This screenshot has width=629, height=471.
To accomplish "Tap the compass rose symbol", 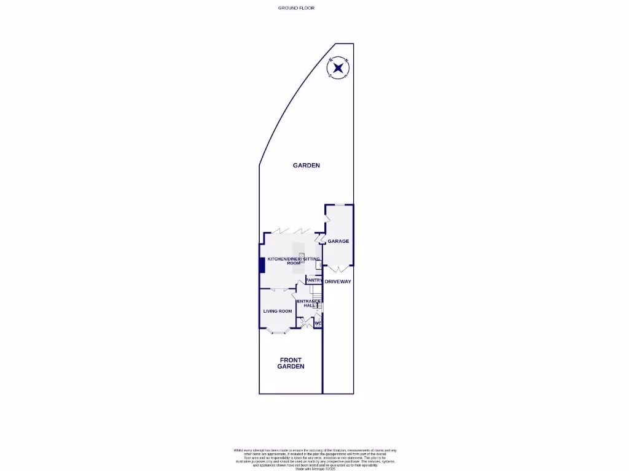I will [x=338, y=67].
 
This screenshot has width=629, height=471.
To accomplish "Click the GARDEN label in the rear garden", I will [x=306, y=165].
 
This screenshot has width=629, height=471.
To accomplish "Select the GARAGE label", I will [x=338, y=241].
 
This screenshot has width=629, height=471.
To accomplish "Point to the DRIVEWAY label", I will [x=338, y=281].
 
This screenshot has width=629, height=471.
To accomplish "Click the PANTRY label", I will [x=314, y=280].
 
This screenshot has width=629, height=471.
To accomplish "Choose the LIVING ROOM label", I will [x=277, y=311].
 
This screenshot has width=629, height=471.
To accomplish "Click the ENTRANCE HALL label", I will [x=308, y=303].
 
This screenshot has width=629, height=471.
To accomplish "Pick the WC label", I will [x=318, y=323].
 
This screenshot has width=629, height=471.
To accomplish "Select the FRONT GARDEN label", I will [x=292, y=363].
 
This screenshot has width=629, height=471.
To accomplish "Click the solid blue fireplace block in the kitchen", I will [x=262, y=266].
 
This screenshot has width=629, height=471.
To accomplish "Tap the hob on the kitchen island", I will [x=301, y=254].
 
